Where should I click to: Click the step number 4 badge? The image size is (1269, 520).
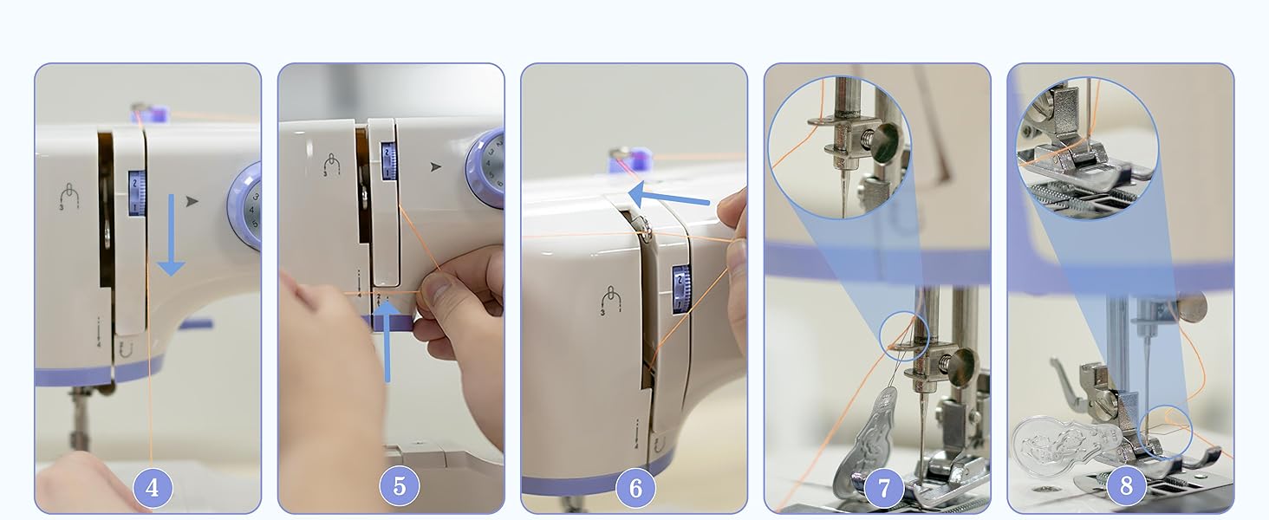153,487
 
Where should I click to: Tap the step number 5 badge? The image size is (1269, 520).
400,486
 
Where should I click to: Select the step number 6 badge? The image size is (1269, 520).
635,488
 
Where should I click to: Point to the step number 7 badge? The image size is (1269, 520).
884,487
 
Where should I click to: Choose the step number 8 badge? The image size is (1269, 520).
1126,484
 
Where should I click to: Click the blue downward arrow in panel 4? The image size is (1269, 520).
171,235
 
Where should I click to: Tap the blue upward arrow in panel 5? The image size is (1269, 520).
387,341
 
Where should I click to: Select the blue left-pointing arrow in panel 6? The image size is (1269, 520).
669,196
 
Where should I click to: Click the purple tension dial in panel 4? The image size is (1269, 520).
244,206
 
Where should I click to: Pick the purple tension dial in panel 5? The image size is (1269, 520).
485,167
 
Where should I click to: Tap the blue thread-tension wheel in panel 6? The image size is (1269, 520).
681,289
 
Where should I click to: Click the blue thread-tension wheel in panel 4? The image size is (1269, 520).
137,193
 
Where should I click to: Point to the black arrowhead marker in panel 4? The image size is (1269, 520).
192,201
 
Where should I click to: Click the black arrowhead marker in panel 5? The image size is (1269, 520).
435,166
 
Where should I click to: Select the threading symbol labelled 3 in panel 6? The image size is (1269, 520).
610,300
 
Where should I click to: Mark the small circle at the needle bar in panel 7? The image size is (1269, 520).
905,336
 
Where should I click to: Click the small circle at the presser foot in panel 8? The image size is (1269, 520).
1165,432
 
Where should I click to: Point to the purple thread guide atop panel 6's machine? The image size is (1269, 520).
630,160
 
